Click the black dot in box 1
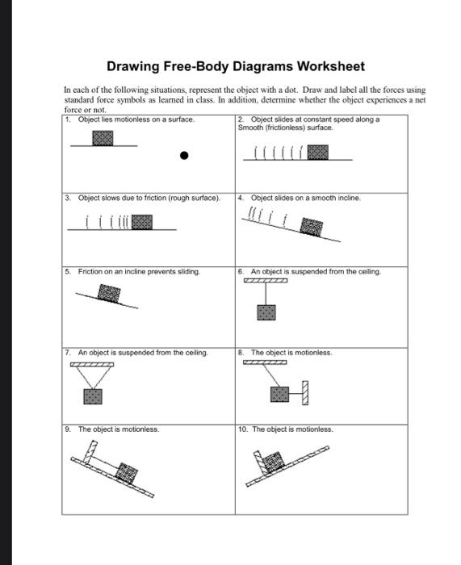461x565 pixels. click(184, 156)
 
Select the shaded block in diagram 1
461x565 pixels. click(103, 138)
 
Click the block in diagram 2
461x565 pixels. click(318, 153)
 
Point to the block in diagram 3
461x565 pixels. click(142, 222)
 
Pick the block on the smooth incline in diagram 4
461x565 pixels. click(312, 227)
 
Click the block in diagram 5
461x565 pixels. click(109, 293)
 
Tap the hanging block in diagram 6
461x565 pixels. click(266, 313)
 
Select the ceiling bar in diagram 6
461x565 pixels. click(266, 281)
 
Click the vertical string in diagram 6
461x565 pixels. click(266, 294)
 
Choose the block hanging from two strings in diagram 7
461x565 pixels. click(93, 397)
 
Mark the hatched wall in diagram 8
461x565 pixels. click(305, 393)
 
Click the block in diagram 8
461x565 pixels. click(279, 394)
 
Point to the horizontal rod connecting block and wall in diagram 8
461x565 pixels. click(295, 394)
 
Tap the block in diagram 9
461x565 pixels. click(127, 473)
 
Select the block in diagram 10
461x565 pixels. click(273, 462)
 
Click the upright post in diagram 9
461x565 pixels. click(90, 451)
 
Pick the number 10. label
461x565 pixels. click(243, 429)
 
